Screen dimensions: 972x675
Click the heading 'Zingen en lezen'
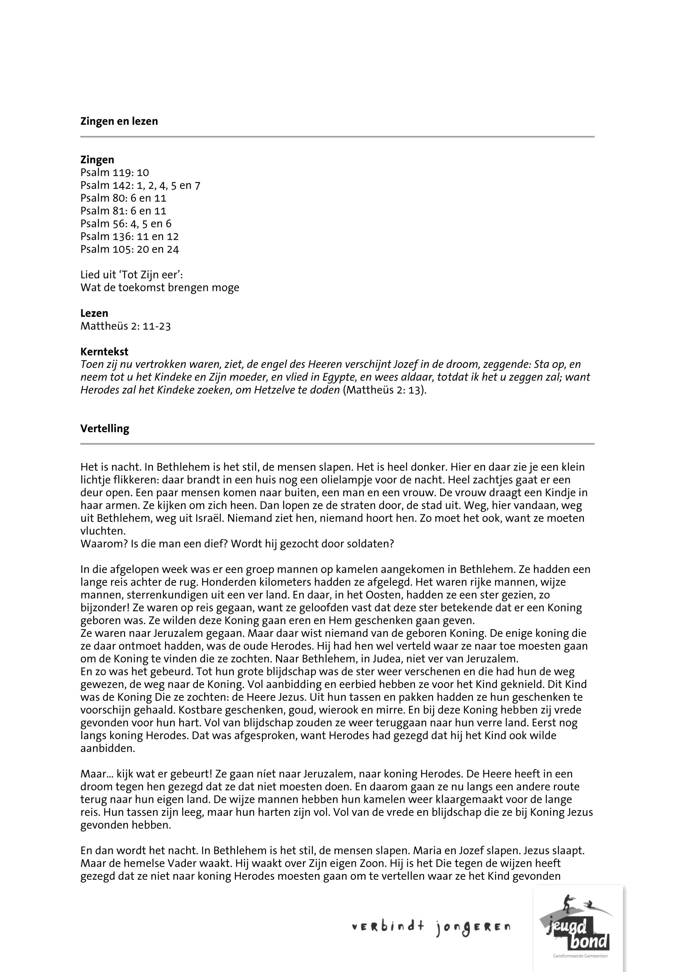click(119, 121)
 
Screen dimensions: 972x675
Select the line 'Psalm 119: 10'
click(115, 172)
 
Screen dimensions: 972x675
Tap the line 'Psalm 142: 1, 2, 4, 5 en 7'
click(140, 185)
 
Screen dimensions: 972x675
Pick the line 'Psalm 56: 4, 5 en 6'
click(125, 224)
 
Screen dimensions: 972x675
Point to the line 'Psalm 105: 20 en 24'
click(130, 249)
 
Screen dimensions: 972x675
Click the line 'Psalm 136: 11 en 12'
click(130, 236)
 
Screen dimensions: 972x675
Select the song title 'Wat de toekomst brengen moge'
click(160, 288)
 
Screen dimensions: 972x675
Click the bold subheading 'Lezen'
click(94, 313)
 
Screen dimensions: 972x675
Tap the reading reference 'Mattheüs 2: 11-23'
click(125, 326)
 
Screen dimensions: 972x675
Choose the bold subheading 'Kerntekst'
click(104, 352)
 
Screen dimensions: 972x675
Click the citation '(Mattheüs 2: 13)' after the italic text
click(384, 390)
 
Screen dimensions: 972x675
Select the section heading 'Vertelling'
click(105, 428)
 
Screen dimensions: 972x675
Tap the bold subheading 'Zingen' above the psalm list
click(97, 160)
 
